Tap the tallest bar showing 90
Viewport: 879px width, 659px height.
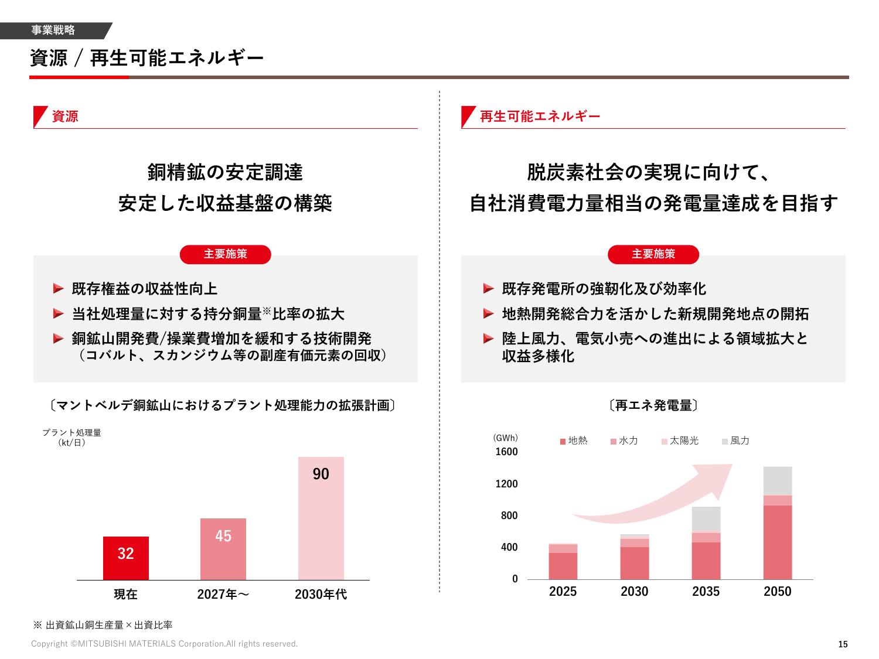[x=321, y=518]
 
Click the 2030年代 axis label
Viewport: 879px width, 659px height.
[x=321, y=595]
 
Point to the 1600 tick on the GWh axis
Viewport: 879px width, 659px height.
[x=507, y=452]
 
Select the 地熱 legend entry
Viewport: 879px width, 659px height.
[x=574, y=441]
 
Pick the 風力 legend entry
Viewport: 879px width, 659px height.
[x=735, y=441]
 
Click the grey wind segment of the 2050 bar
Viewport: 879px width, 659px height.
[x=778, y=481]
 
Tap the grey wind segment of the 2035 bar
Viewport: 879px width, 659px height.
[x=706, y=519]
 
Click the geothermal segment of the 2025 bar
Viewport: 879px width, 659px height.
[x=563, y=566]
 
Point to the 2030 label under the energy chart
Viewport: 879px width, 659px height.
[x=635, y=592]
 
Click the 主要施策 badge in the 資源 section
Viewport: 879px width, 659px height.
[x=226, y=254]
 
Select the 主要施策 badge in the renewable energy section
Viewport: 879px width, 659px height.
[x=653, y=254]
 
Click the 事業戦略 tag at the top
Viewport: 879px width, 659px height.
[x=53, y=30]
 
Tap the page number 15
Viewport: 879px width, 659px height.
[x=843, y=644]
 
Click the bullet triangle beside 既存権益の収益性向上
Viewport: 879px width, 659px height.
[x=58, y=288]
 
